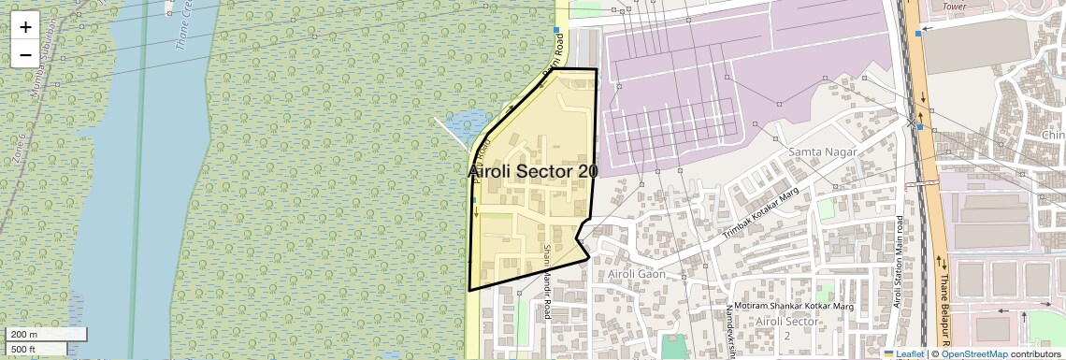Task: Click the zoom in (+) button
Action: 25,27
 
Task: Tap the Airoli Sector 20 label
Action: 532,172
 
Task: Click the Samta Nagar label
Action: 816,151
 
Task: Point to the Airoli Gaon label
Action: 635,273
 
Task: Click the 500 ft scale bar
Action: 36,350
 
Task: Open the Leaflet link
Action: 904,354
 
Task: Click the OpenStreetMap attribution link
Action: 973,354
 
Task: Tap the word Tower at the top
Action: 954,6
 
